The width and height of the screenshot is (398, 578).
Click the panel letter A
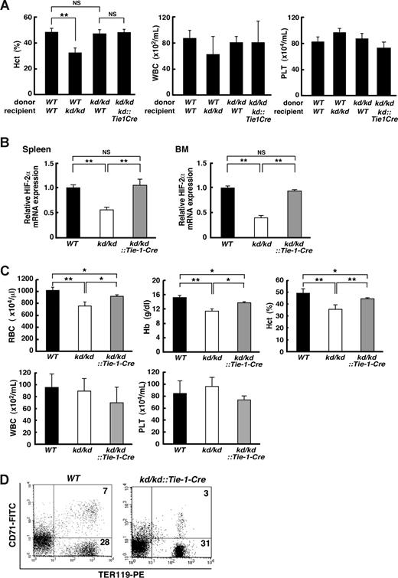click(7, 7)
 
